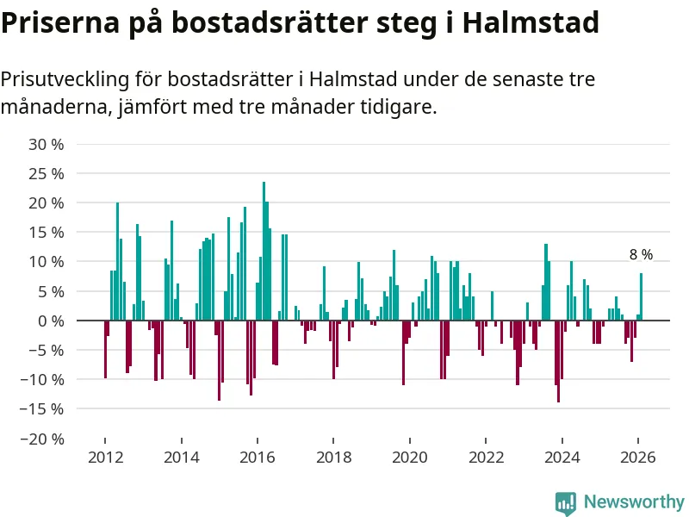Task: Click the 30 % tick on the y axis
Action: [47, 144]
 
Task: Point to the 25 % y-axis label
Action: [47, 173]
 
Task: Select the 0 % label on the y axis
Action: [51, 321]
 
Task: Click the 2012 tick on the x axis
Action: [104, 458]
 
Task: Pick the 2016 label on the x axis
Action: [257, 458]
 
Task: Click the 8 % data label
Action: [641, 255]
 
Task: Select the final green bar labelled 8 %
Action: [641, 297]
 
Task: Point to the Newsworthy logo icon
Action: [566, 502]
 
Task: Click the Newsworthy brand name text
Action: [634, 501]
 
